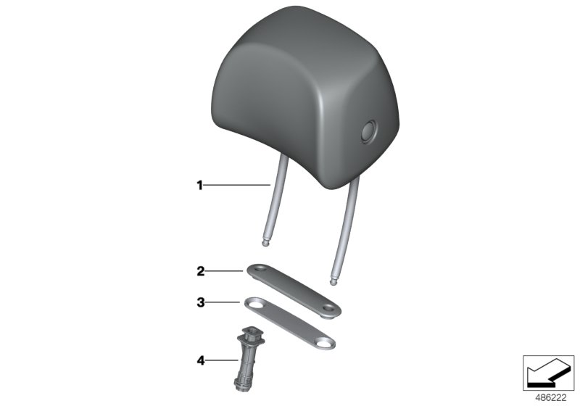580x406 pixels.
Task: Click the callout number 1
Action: tap(200, 186)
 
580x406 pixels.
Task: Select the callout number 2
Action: tap(201, 271)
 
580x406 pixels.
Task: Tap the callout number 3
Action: tap(201, 302)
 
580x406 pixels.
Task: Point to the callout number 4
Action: tap(201, 360)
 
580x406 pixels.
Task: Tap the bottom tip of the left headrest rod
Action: tap(265, 244)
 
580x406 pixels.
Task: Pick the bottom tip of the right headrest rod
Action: tap(333, 283)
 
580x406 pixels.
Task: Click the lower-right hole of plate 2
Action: tap(328, 307)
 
